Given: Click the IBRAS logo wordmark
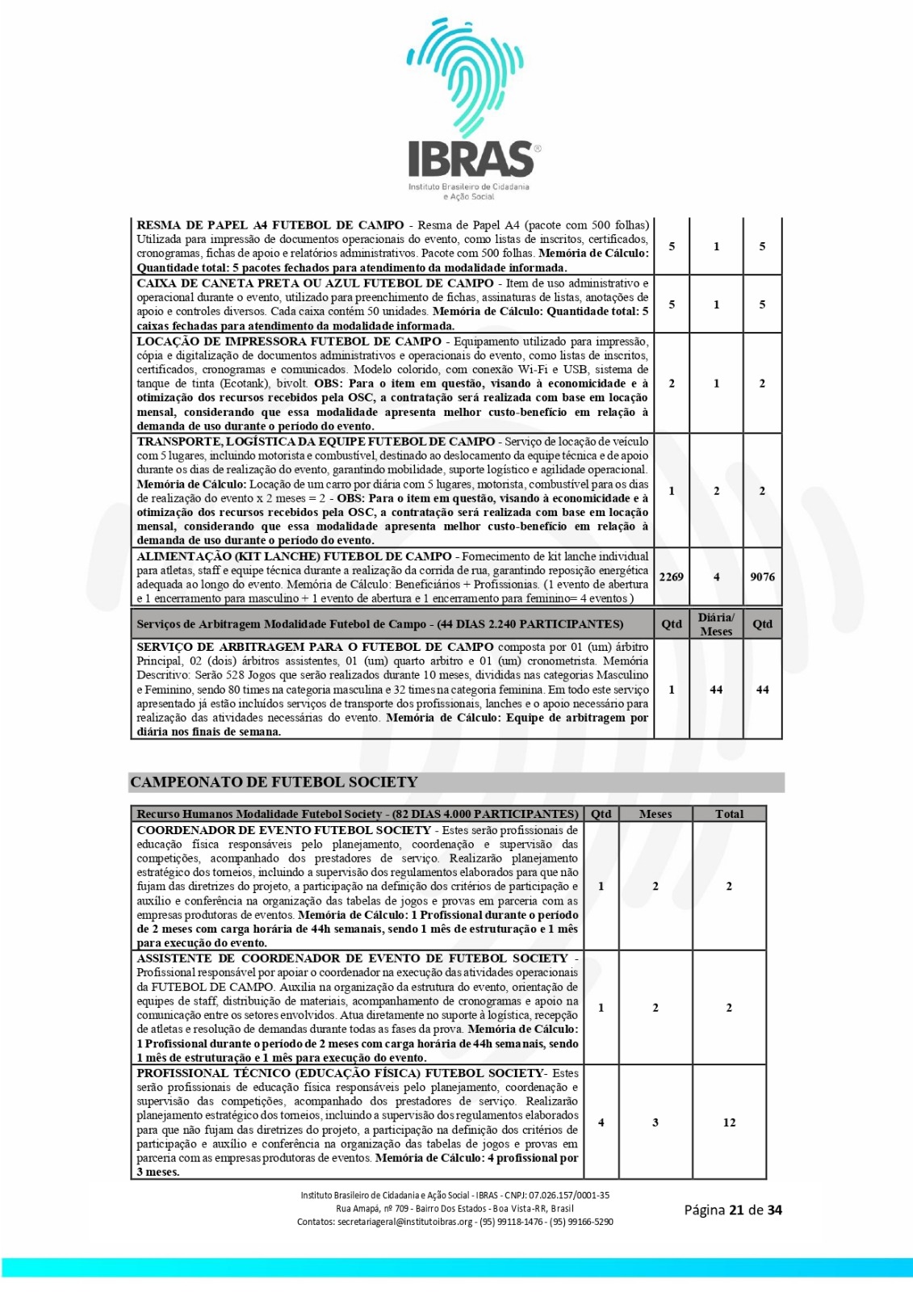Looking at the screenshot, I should click(x=471, y=158).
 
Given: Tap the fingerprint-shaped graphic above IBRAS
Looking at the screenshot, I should click(x=466, y=77).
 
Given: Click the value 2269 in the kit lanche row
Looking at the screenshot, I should click(x=671, y=577).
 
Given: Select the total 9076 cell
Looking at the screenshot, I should click(x=762, y=577).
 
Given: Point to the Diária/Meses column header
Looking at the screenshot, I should click(x=716, y=624).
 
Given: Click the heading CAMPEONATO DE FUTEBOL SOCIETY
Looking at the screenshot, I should click(x=274, y=782).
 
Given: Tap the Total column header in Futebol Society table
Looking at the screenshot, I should click(x=729, y=814).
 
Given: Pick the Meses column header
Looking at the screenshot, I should click(x=655, y=814).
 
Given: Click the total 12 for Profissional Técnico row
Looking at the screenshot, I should click(x=729, y=1122).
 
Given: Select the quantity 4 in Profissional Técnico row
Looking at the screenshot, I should click(x=601, y=1122).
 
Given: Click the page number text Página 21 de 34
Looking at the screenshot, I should click(x=732, y=1210).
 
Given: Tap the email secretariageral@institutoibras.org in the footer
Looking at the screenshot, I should click(x=404, y=1222).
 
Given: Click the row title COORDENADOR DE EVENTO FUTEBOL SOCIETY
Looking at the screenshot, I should click(x=283, y=830).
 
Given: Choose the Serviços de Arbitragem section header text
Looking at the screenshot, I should click(x=379, y=624).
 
